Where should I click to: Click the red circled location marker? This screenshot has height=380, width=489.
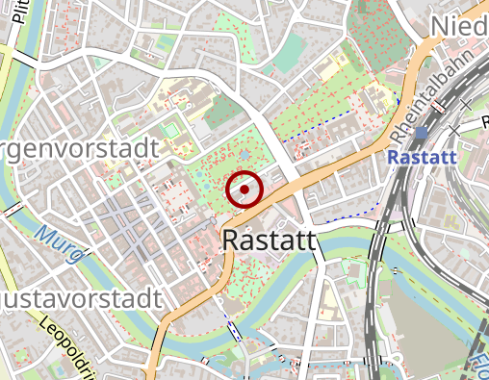click(x=244, y=190)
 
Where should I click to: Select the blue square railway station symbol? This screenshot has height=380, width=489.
click(x=422, y=132)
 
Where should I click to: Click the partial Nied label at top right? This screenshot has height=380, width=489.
click(x=460, y=24)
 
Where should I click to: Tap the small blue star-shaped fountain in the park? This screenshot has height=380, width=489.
click(x=244, y=154)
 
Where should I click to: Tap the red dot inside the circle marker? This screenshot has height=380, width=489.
click(x=244, y=190)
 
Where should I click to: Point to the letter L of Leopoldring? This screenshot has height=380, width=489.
click(x=43, y=325)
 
